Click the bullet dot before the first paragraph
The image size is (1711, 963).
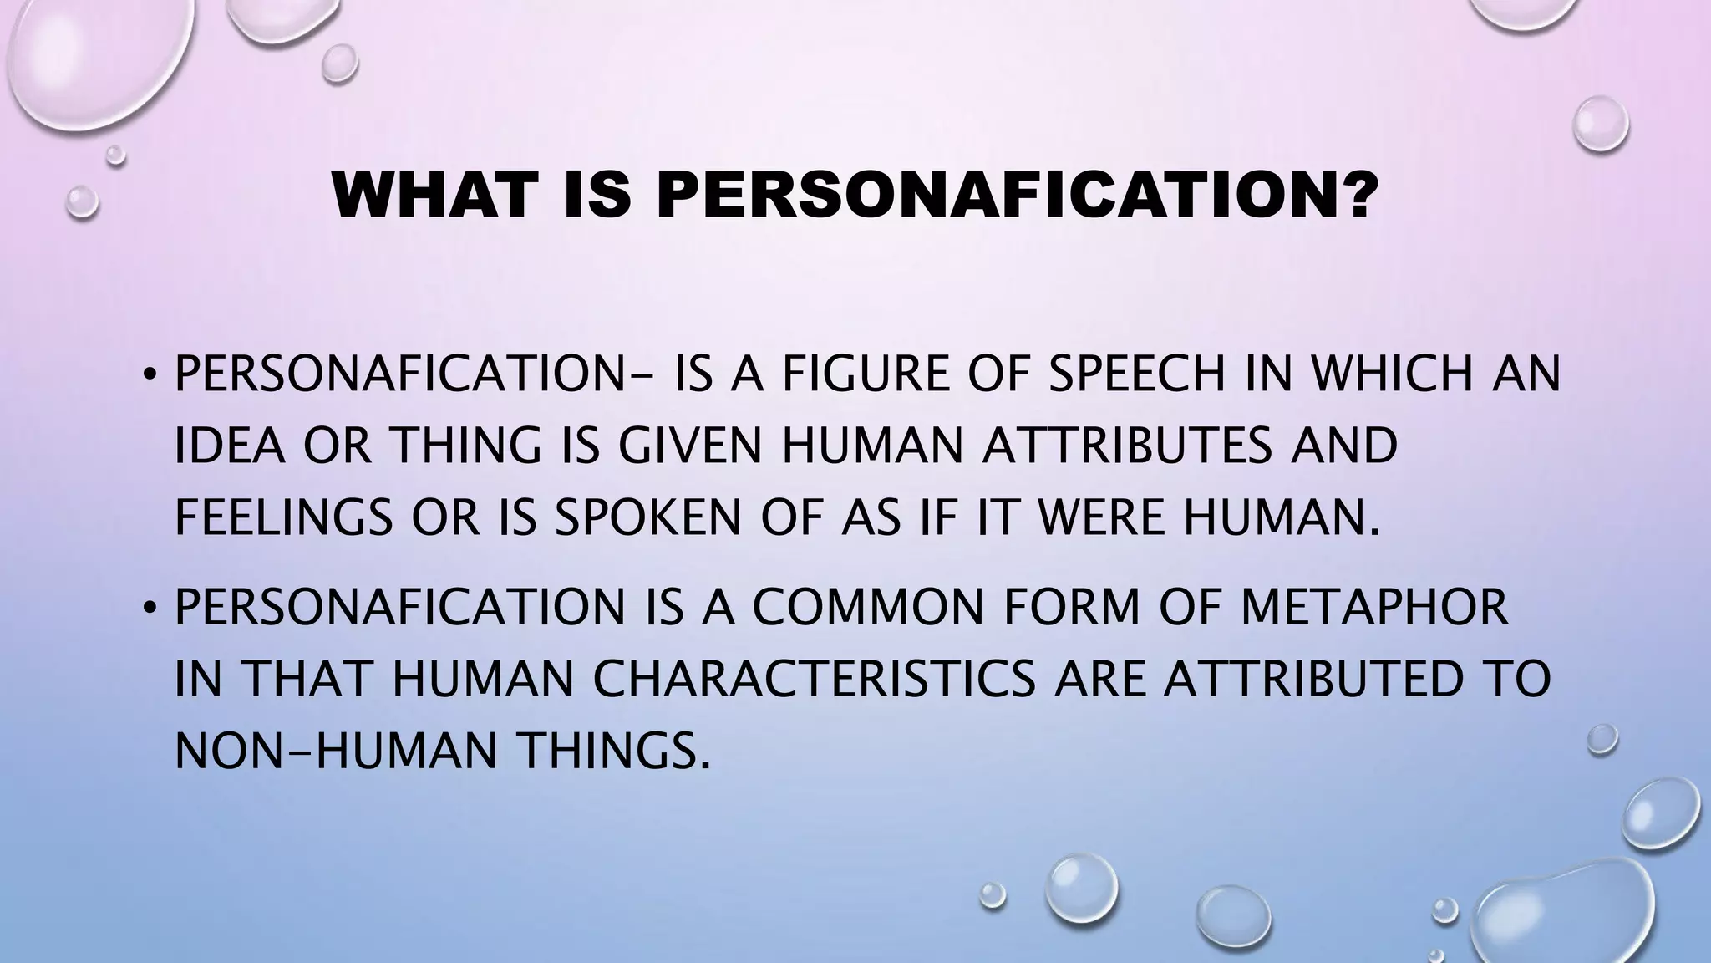coord(148,375)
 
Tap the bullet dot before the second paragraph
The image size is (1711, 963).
coord(148,609)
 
